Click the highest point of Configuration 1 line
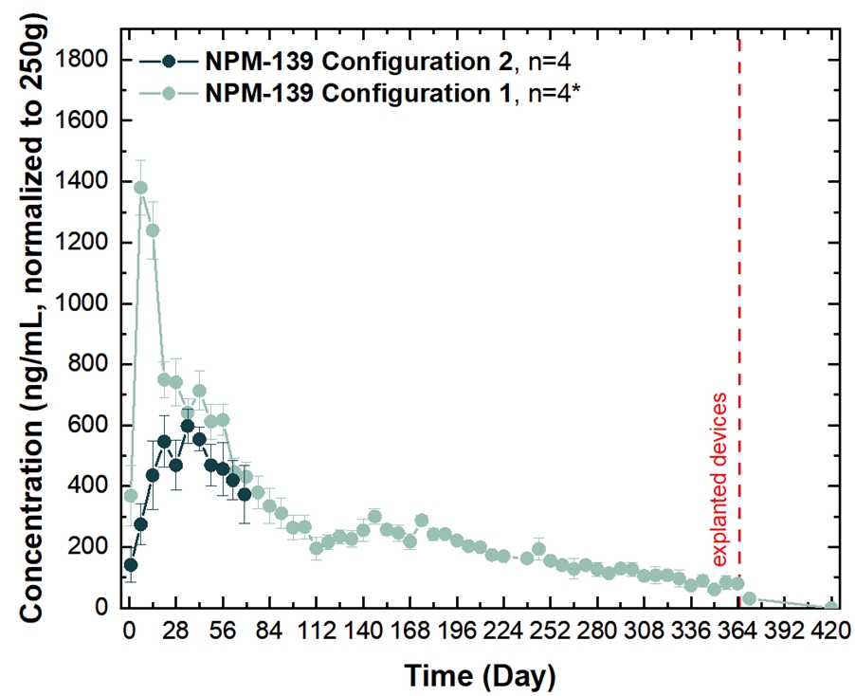(x=140, y=188)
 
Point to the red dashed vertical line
(x=738, y=284)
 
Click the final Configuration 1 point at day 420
(x=831, y=606)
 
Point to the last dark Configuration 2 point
(x=245, y=494)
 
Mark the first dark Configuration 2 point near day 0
(x=131, y=565)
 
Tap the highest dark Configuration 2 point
(x=188, y=426)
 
